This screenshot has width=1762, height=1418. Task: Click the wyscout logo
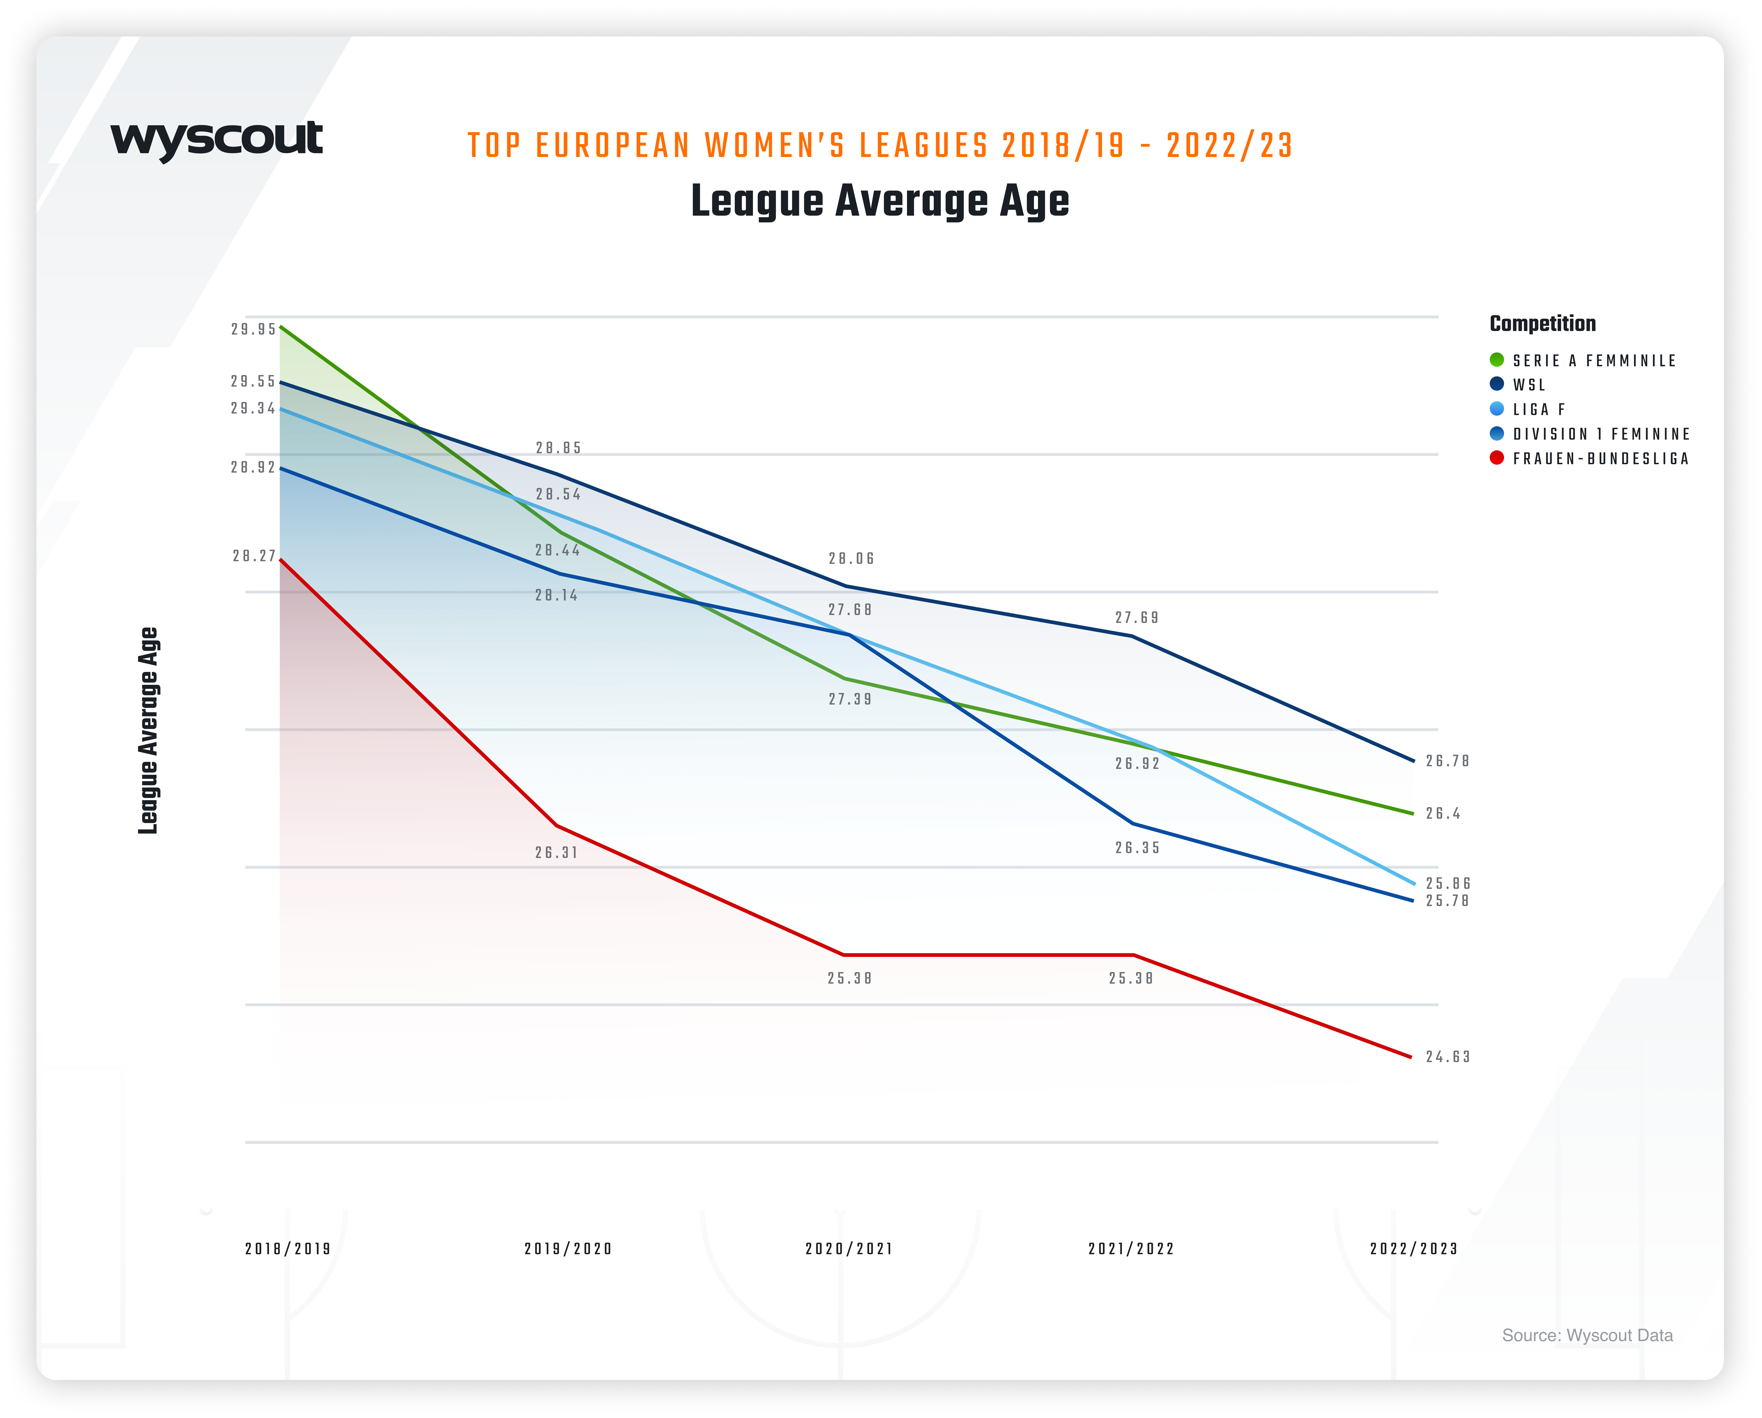point(217,141)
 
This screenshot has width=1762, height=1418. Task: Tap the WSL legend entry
point(1528,385)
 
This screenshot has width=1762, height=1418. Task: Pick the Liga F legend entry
point(1538,410)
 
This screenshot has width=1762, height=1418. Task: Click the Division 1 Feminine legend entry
point(1600,434)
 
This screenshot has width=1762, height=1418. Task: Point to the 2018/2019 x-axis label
point(288,1249)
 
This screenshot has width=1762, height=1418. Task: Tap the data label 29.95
point(253,329)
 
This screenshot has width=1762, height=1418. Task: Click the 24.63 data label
point(1447,1057)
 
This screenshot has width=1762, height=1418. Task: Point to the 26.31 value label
point(557,853)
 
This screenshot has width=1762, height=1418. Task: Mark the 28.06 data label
point(851,559)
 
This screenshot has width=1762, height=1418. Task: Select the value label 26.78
point(1447,761)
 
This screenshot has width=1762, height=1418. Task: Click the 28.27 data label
point(254,556)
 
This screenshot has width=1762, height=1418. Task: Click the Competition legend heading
point(1542,324)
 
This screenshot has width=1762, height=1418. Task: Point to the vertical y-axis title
point(148,730)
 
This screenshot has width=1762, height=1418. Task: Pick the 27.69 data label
point(1137,618)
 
